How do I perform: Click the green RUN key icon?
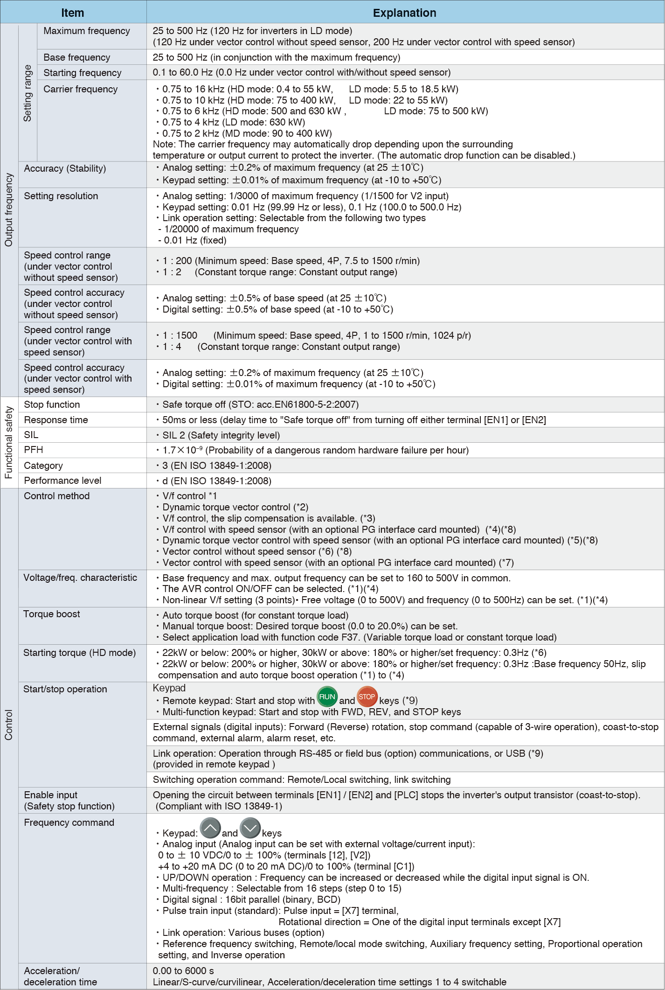327,697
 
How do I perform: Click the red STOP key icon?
367,697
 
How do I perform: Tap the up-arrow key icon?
210,829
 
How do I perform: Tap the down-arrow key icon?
250,829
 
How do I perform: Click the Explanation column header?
404,13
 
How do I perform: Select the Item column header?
73,13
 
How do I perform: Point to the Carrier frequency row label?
80,89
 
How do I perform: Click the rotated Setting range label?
28,93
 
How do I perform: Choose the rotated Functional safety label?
9,442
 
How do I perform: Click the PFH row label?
34,450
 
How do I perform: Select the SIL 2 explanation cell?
221,435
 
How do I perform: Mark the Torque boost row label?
52,614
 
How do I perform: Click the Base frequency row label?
77,57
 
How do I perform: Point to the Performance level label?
62,481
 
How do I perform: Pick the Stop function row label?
52,404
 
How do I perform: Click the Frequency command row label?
69,823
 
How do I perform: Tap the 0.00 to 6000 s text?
183,971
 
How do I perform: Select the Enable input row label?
51,795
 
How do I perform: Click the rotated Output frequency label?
9,210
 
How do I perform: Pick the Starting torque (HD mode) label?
80,653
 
